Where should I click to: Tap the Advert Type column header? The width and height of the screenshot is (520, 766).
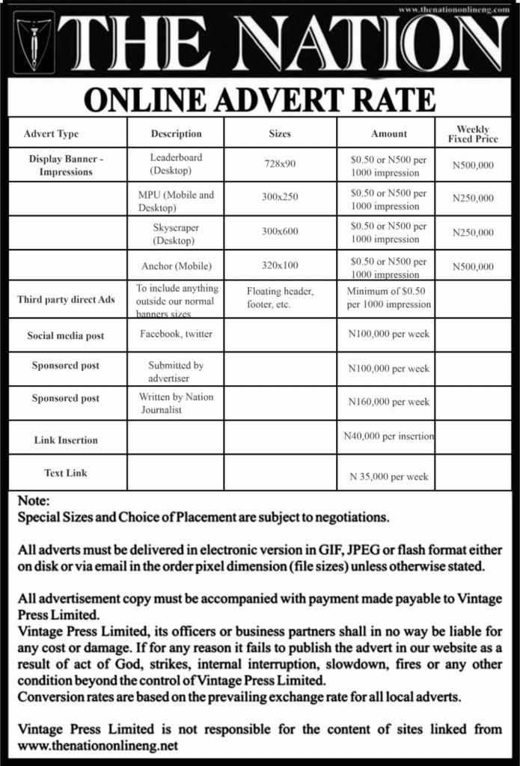point(51,134)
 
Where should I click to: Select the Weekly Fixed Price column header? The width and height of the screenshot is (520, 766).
point(473,135)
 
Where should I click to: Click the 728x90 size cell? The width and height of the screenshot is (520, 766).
point(280,164)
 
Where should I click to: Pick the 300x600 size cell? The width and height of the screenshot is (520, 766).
point(280,232)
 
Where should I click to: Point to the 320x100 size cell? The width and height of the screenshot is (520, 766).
point(280,265)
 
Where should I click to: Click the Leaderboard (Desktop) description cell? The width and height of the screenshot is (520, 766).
point(176,164)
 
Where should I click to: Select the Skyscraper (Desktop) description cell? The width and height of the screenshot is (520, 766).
point(176,233)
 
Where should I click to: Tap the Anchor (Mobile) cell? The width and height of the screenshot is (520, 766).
point(177,266)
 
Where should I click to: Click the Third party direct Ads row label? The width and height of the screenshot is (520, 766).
point(66,300)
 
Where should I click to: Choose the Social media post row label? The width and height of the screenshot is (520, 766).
point(66,336)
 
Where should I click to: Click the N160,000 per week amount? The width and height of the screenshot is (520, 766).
point(389,402)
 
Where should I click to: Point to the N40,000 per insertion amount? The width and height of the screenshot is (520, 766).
point(388,435)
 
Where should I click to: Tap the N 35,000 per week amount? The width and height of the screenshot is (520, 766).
point(389,477)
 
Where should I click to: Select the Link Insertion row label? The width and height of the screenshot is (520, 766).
point(66,440)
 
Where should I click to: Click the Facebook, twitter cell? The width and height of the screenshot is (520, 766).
point(176,334)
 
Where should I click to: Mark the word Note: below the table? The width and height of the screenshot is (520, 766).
point(34,501)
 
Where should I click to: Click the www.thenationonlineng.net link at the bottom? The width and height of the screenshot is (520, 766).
point(98,746)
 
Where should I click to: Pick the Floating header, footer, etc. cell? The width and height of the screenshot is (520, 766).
point(280,298)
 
